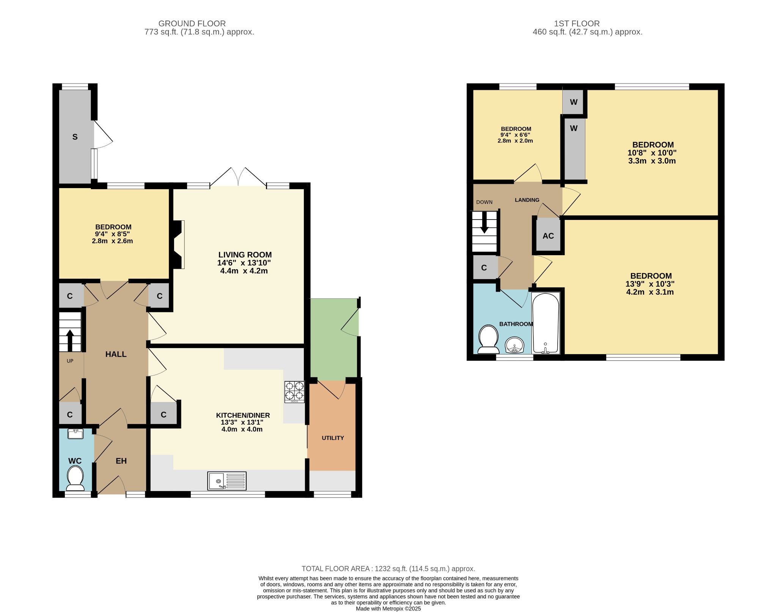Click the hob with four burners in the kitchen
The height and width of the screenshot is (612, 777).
[x=294, y=392]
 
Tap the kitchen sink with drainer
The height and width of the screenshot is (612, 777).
[x=227, y=480]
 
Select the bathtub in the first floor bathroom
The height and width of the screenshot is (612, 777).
[x=546, y=323]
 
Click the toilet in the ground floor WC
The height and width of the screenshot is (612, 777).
[x=75, y=478]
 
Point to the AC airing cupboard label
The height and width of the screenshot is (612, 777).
[x=548, y=236]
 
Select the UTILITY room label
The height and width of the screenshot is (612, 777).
[x=333, y=438]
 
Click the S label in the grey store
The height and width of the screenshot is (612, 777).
[x=75, y=137]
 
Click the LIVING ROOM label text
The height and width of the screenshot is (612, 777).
[x=245, y=255]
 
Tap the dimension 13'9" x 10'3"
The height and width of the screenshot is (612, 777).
[x=650, y=284]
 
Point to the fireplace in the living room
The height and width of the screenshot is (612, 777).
[x=179, y=245]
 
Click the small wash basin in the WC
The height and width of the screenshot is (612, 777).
[x=75, y=433]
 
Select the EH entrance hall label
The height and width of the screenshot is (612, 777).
[x=121, y=461]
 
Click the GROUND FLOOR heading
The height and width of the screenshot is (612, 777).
[x=192, y=24]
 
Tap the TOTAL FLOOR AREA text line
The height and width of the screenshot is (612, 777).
[x=388, y=569]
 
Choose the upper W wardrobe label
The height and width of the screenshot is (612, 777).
[x=573, y=102]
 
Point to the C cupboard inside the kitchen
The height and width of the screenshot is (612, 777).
[x=164, y=414]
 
